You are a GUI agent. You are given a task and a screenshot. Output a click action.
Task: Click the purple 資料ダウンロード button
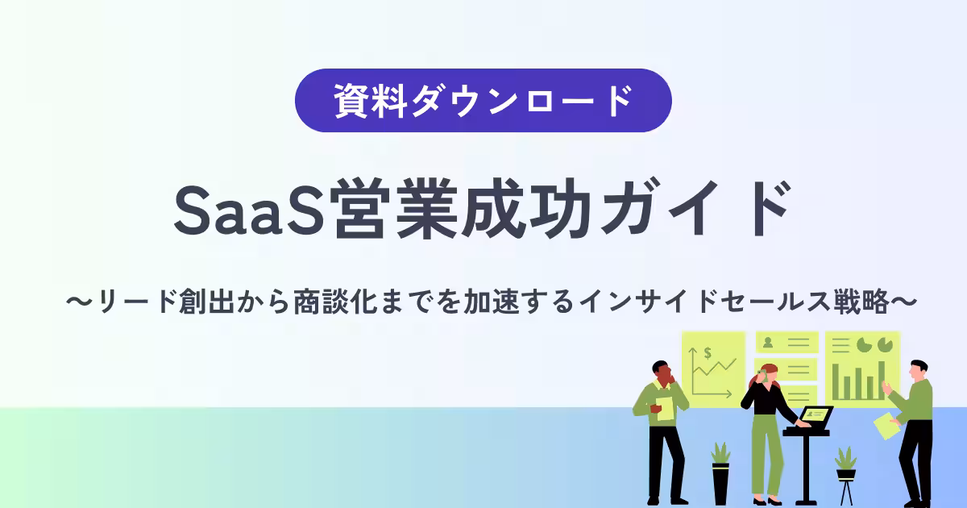[x=483, y=101]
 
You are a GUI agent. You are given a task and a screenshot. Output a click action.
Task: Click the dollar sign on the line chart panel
[x=707, y=352]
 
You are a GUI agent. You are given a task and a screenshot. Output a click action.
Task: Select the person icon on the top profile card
[x=769, y=342]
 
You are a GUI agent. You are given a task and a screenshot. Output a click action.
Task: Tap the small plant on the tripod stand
[x=845, y=462]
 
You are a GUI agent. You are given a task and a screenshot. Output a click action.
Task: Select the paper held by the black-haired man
[x=886, y=426]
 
